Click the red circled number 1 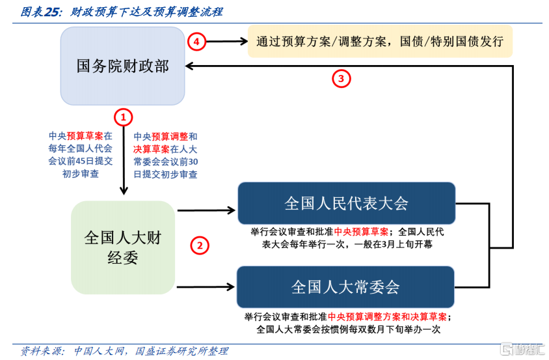click(x=123, y=117)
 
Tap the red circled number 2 click(x=200, y=245)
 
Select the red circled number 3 click(x=341, y=79)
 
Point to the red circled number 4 click(x=196, y=42)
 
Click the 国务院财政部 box click(x=122, y=66)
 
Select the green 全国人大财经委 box click(x=123, y=247)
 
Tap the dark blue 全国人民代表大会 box click(x=346, y=203)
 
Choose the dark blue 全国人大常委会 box click(x=345, y=286)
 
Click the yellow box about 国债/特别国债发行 click(x=380, y=42)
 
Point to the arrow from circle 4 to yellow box click(x=227, y=42)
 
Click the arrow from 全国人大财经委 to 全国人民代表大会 click(x=206, y=210)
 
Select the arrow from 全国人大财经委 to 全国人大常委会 click(x=206, y=287)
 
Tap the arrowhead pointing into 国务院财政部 click(x=189, y=66)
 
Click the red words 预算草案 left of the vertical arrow click(x=85, y=136)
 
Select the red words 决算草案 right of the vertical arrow click(x=152, y=149)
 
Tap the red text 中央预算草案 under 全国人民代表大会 click(x=361, y=232)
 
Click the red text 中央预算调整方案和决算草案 click(x=387, y=317)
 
